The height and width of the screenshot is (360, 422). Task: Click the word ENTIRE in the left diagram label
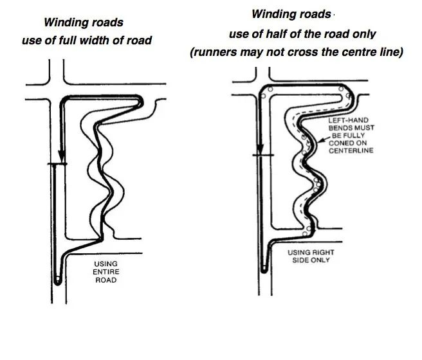tap(105, 271)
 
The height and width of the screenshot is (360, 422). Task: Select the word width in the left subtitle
tap(110, 40)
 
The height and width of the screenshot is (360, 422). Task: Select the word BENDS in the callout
tap(342, 128)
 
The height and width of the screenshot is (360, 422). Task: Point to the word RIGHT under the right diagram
tap(324, 253)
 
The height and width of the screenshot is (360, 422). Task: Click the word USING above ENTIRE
tap(105, 264)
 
